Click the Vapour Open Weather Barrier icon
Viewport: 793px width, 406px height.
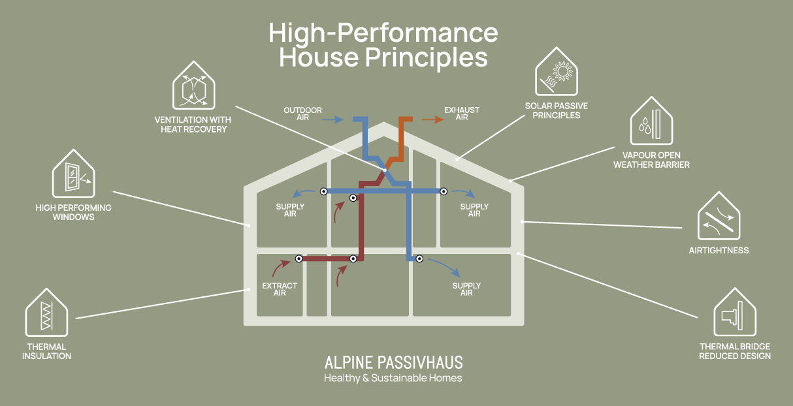point(651,122)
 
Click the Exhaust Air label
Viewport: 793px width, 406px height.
point(461,114)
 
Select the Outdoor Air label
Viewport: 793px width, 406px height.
point(302,114)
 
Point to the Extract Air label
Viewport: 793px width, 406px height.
point(280,289)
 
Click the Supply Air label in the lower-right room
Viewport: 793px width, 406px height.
point(466,289)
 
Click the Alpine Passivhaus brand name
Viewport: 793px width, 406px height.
point(393,363)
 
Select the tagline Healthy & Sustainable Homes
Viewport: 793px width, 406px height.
point(393,379)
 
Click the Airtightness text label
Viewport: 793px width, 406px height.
point(719,251)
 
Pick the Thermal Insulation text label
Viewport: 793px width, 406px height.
point(46,351)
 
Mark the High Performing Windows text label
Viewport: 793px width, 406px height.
point(73,212)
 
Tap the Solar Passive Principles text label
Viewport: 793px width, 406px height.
point(557,110)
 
